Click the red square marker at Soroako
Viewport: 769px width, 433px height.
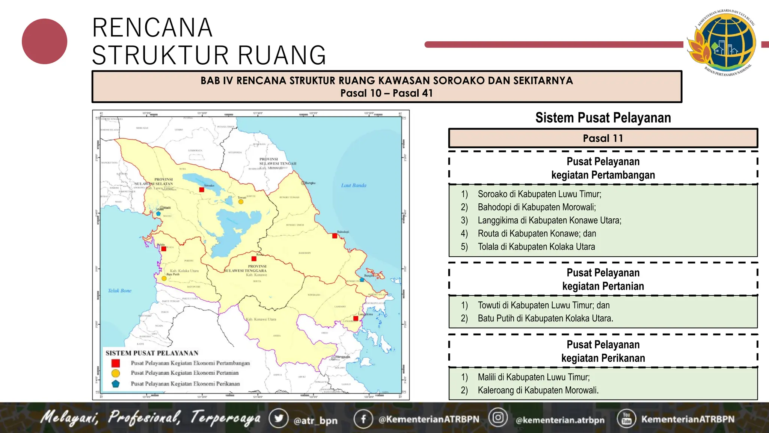[x=202, y=190]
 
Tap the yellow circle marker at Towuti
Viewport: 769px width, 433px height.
[x=241, y=202]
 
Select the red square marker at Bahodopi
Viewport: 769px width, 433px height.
[x=335, y=236]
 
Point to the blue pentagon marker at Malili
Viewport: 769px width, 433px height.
[x=158, y=214]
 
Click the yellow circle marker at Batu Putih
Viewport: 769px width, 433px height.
[x=164, y=279]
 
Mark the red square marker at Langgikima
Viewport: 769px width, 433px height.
[x=356, y=319]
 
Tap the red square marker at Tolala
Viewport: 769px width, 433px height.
[x=164, y=249]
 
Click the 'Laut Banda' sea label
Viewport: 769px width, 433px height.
[x=354, y=185]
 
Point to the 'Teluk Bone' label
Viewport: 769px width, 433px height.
[x=120, y=291]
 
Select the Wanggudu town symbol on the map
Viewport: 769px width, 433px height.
[x=333, y=357]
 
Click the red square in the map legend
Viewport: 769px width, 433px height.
[x=116, y=363]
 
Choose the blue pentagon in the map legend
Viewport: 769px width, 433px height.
[x=116, y=384]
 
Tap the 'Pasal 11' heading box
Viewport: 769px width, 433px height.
[x=603, y=138]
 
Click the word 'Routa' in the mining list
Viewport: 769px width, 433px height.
[x=488, y=233]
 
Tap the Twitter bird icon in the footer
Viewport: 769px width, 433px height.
[x=279, y=419]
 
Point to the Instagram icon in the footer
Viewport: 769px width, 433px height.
[x=498, y=418]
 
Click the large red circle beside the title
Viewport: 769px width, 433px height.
[x=45, y=41]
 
